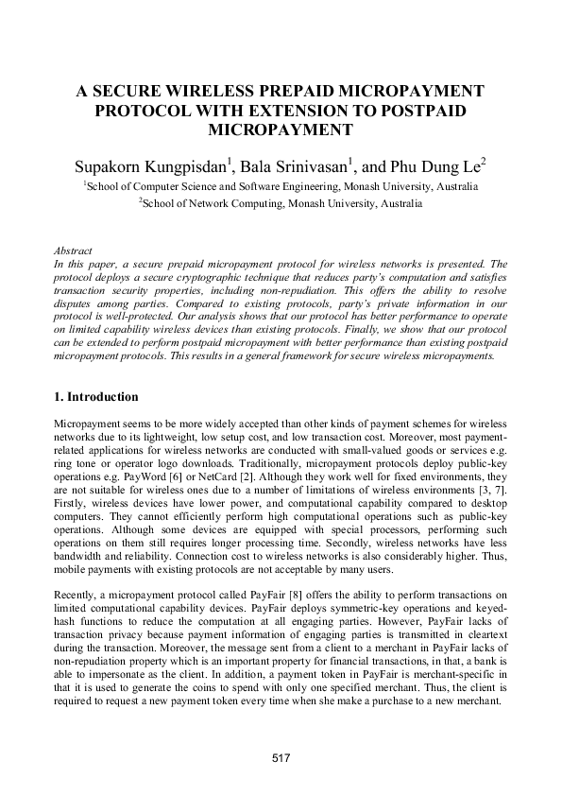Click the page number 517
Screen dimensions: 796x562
(281, 757)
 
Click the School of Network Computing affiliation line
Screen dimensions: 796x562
(281, 203)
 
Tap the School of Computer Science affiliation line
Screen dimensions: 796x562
(281, 187)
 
